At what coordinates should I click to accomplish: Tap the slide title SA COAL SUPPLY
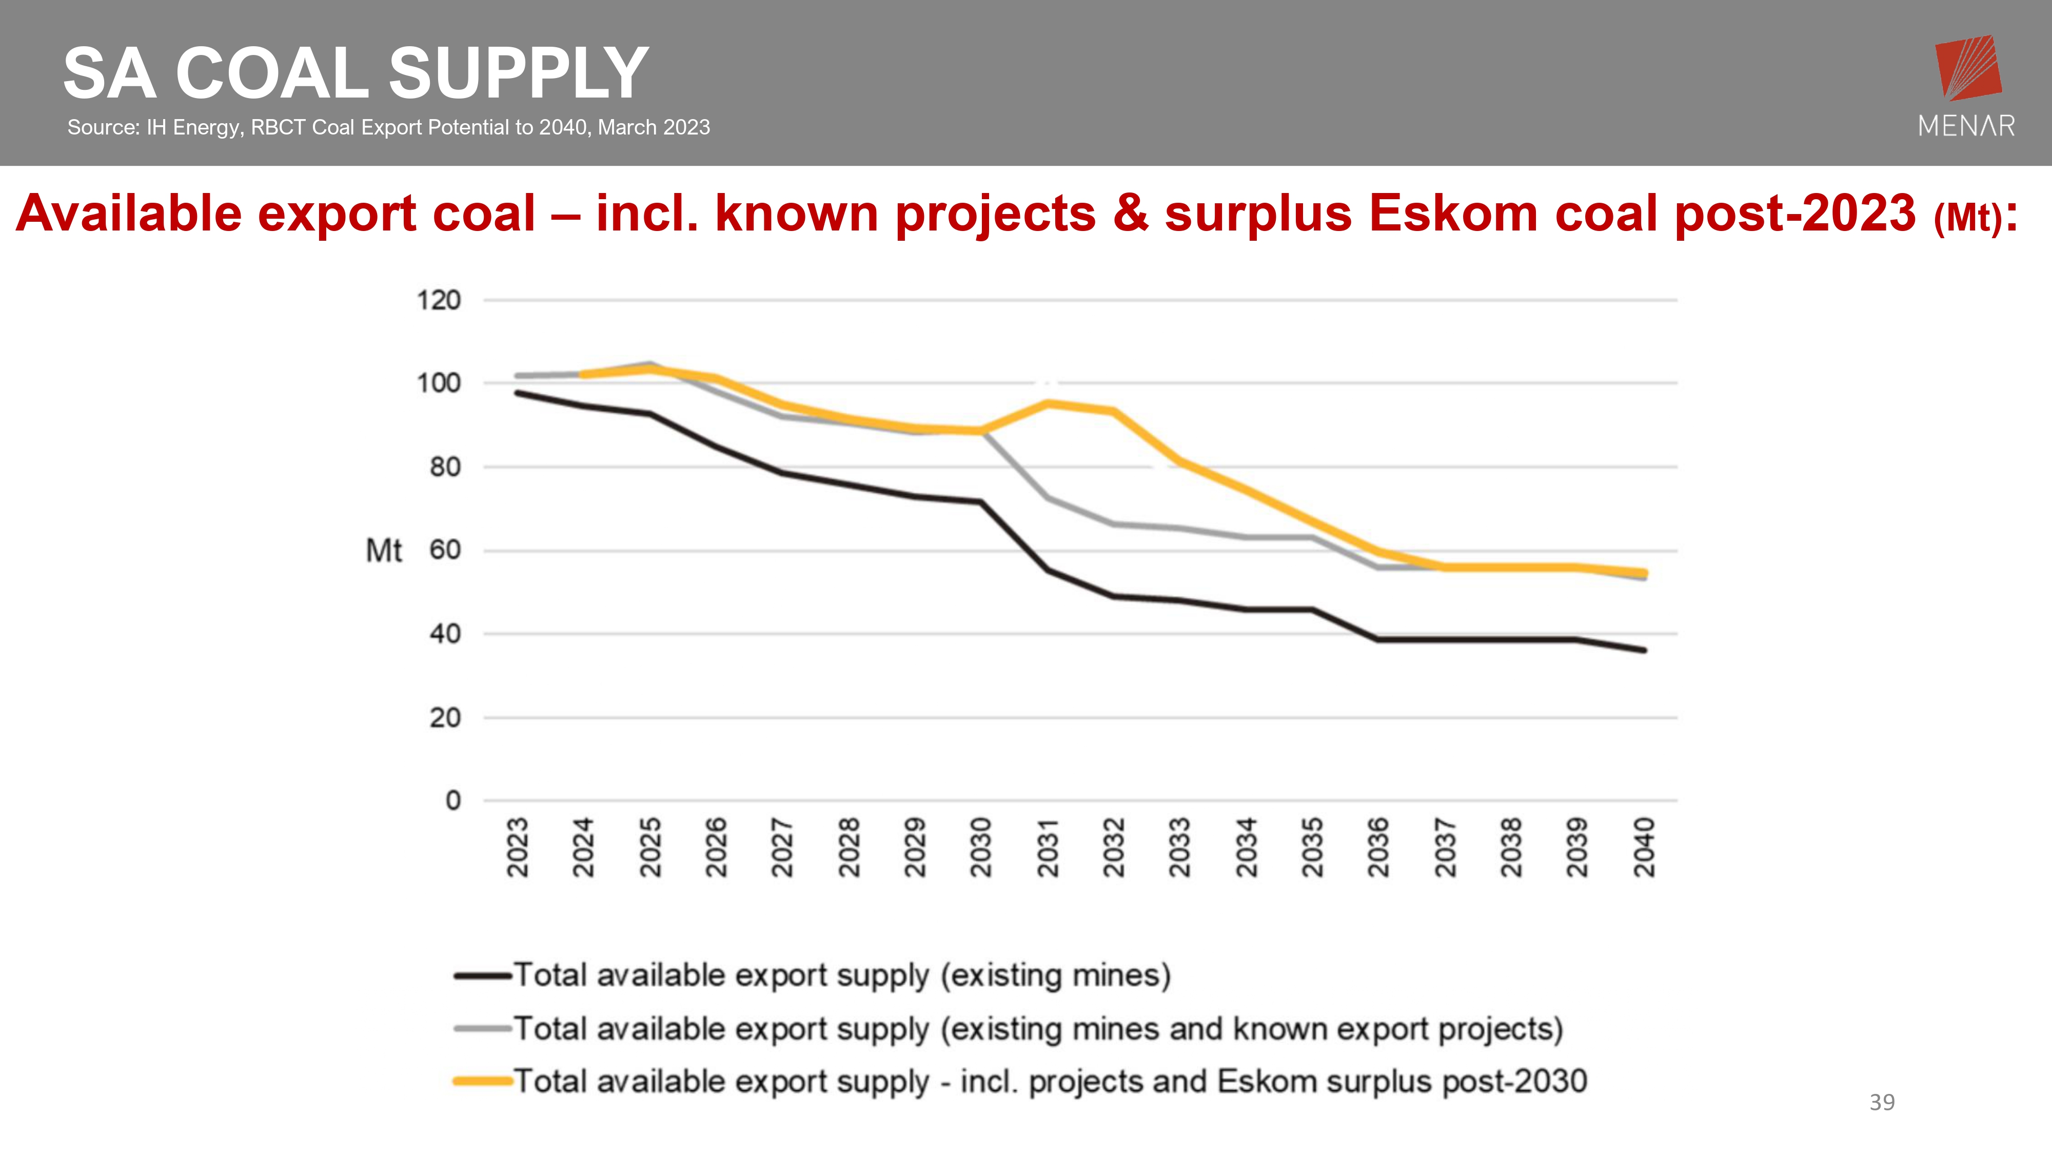[x=356, y=73]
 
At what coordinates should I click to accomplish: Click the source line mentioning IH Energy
[x=388, y=127]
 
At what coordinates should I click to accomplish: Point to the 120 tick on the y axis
[x=439, y=300]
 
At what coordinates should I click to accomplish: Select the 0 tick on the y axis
[x=452, y=800]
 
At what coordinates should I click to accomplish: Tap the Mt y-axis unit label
[x=383, y=551]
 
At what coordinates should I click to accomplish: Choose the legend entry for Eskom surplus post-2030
[x=1050, y=1082]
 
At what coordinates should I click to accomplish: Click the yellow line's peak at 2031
[x=1048, y=403]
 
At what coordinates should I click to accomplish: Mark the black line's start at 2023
[x=518, y=393]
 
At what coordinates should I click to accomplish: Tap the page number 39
[x=1882, y=1103]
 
